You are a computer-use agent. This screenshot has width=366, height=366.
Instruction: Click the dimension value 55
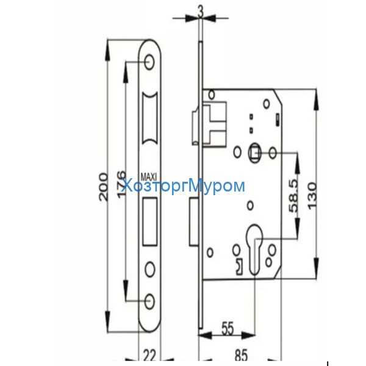click(227, 327)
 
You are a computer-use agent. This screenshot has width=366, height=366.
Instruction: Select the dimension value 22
click(149, 353)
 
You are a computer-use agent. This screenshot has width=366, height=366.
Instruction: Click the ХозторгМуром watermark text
click(183, 186)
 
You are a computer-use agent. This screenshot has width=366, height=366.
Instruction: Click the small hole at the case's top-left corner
click(212, 94)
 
